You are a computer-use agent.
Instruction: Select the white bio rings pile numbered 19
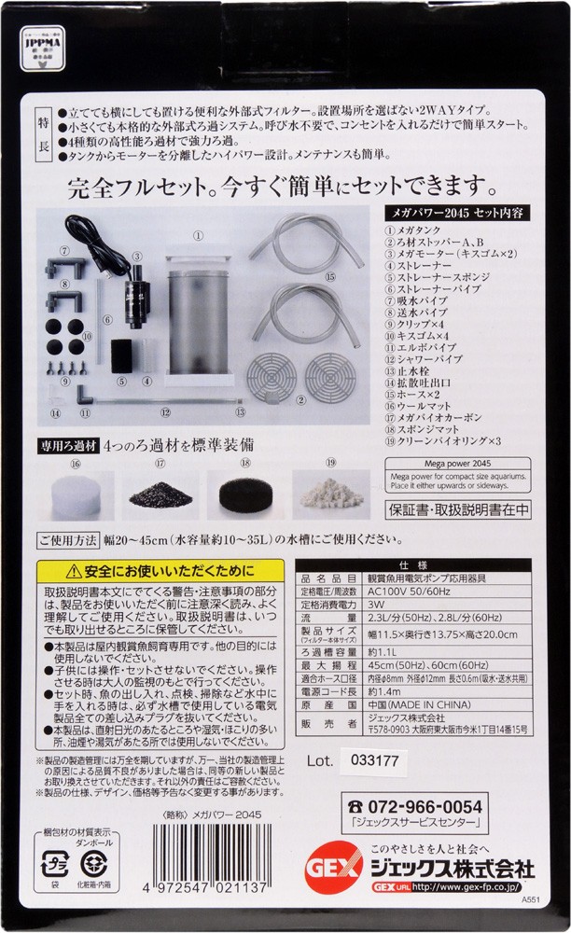[332, 492]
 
